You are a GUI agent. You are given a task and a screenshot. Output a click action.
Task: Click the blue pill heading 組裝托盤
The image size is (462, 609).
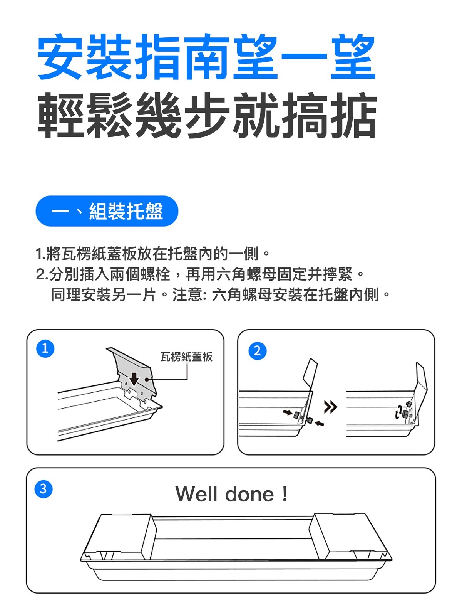107,211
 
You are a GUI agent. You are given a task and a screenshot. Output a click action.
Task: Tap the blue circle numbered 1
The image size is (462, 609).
45,348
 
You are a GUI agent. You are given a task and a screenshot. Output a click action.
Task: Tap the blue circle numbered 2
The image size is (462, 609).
257,351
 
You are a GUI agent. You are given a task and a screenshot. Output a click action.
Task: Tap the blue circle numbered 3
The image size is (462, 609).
43,489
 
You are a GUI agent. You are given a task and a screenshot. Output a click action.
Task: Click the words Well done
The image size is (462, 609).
225,494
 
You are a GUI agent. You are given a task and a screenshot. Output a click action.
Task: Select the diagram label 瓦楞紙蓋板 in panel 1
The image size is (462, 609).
186,357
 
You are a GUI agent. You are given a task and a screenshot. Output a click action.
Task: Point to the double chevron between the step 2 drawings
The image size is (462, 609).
331,407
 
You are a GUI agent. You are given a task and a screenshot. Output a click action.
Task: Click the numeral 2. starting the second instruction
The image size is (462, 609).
42,274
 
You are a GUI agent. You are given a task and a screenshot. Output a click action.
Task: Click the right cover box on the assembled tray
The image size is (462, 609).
350,537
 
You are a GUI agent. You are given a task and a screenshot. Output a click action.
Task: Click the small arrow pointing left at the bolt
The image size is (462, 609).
320,423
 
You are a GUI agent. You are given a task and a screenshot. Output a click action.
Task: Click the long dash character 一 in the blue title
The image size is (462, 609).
304,58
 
